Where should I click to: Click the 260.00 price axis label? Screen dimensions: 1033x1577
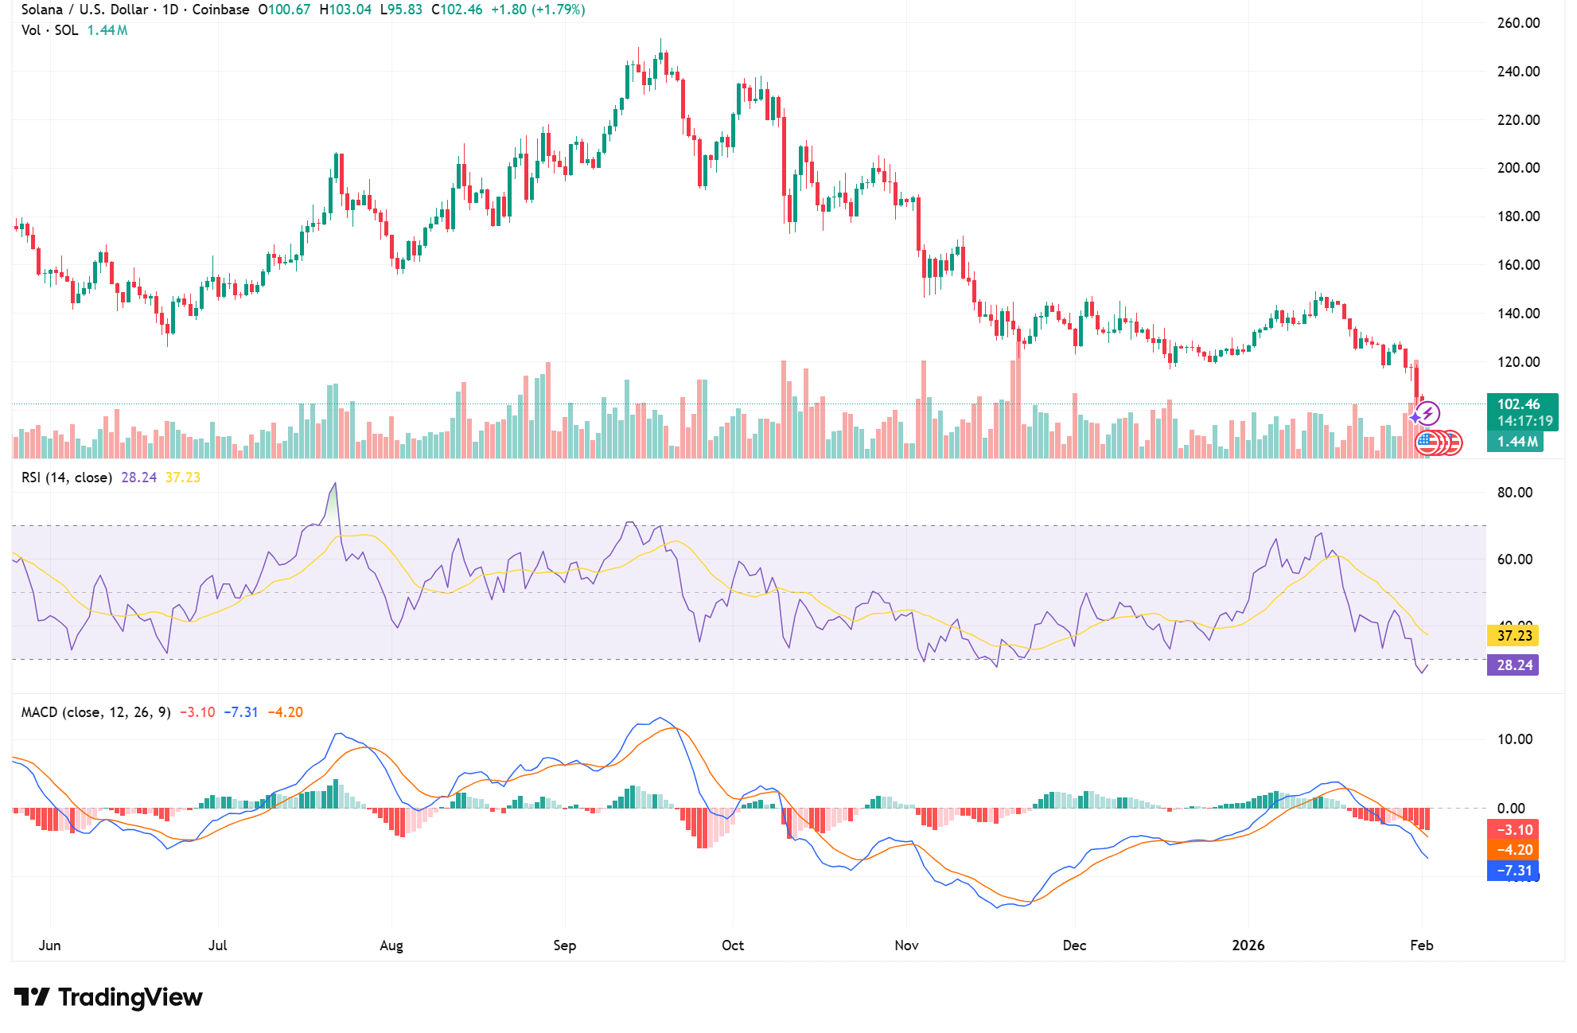[1518, 23]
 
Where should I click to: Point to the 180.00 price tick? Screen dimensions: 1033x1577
[1518, 216]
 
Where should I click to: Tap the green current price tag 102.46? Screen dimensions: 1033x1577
[1518, 404]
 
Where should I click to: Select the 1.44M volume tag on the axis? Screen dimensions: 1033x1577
[1517, 442]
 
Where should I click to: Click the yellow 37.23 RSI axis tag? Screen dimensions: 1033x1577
[1513, 636]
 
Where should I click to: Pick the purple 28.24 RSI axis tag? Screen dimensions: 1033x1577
[1513, 665]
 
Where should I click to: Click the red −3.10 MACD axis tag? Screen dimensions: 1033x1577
[1513, 830]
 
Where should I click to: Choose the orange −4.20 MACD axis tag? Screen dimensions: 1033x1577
[1513, 850]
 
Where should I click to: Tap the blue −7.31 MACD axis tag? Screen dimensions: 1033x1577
[1513, 871]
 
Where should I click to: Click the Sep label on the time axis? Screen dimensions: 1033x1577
[564, 945]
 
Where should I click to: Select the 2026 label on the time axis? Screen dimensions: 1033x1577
[1248, 945]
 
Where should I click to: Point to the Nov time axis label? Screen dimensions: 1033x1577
[906, 945]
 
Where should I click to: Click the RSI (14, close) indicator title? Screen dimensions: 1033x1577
[66, 478]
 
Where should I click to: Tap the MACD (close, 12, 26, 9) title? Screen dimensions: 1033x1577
[95, 712]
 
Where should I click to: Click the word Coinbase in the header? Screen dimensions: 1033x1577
[220, 10]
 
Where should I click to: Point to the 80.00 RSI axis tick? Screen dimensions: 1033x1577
[1514, 493]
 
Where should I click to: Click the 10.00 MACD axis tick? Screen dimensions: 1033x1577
[1514, 739]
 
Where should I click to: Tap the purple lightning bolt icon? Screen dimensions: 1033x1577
[1428, 413]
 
